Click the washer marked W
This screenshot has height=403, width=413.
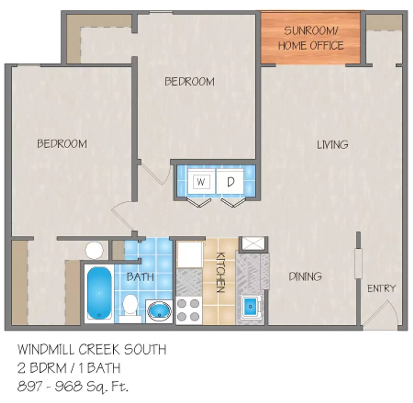201,182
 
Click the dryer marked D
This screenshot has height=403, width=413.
230,182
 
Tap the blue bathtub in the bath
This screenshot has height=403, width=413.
99,293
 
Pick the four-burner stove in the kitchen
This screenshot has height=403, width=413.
189,310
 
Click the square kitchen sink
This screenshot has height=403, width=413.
250,306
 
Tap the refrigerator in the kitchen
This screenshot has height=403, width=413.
190,255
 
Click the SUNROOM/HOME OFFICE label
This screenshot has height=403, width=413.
311,38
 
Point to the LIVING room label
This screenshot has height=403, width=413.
332,145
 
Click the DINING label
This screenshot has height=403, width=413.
305,277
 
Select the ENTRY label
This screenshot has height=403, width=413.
381,288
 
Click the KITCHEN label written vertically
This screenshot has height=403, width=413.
221,272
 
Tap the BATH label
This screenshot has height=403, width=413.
140,277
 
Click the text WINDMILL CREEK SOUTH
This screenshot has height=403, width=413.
92,350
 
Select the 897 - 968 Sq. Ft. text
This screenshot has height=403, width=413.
73,387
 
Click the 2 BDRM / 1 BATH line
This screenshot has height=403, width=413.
69,368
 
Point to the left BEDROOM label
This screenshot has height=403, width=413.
62,144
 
